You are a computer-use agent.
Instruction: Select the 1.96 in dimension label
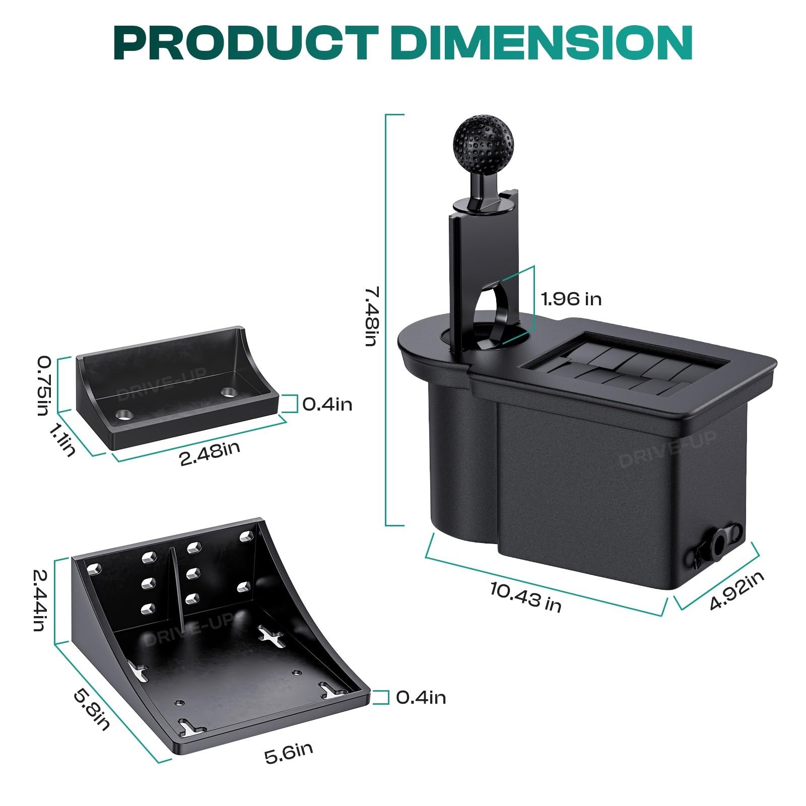571,299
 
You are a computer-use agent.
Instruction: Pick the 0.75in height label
44,386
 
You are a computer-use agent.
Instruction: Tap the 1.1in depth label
62,439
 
